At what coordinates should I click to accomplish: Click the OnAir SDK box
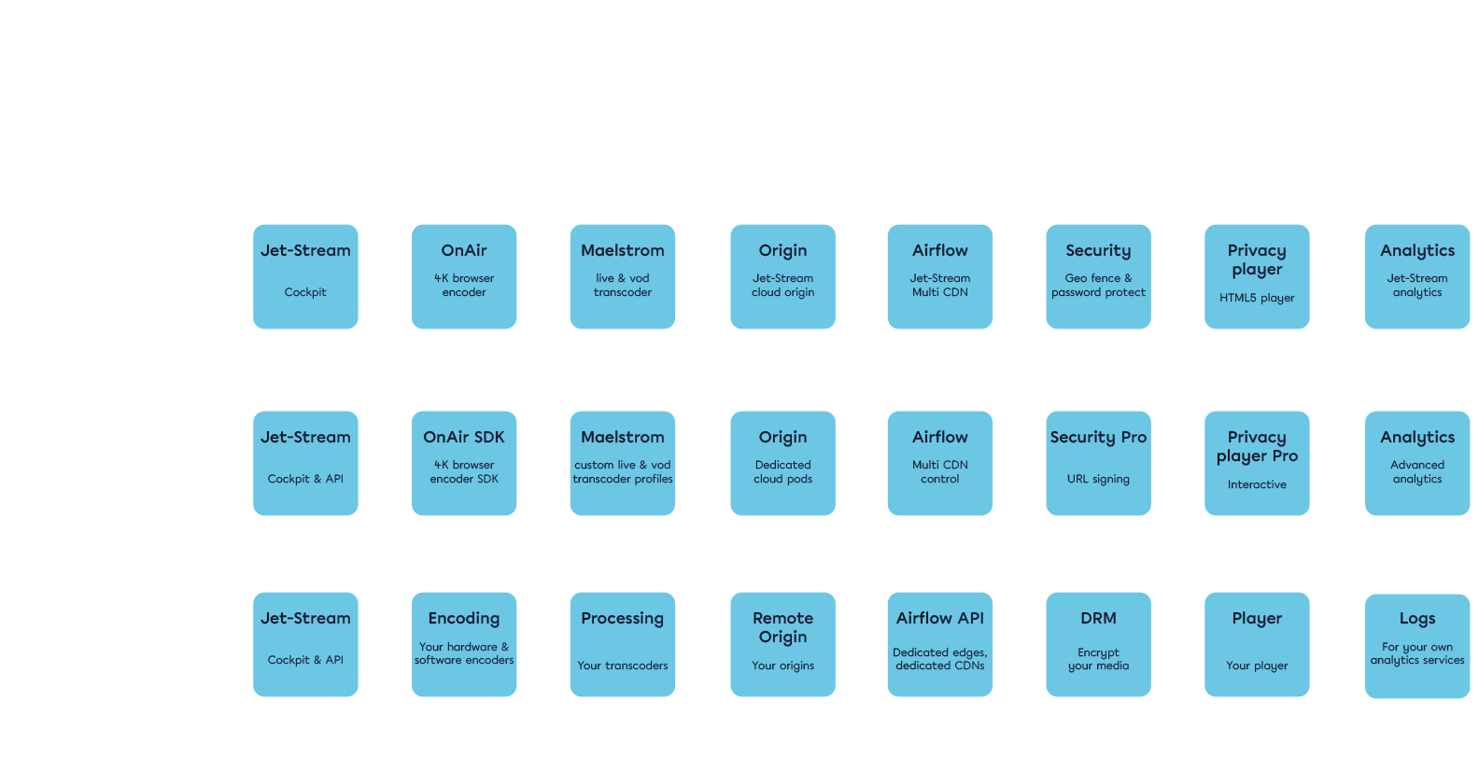pos(464,463)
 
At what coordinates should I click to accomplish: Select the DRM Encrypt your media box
pos(1098,644)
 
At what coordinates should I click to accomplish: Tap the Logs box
pos(1417,646)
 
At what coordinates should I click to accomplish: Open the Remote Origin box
pos(782,644)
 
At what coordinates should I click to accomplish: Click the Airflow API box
pos(940,644)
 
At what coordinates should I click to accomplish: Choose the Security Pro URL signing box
pos(1098,463)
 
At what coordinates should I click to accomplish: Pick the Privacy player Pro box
pos(1257,463)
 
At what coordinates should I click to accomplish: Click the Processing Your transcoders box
pos(623,644)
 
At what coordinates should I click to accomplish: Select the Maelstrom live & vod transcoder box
pos(623,276)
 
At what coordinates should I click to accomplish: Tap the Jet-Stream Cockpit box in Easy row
pos(305,276)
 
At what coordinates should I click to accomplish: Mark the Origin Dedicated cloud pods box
pos(782,463)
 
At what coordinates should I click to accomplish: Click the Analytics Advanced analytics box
pos(1417,463)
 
